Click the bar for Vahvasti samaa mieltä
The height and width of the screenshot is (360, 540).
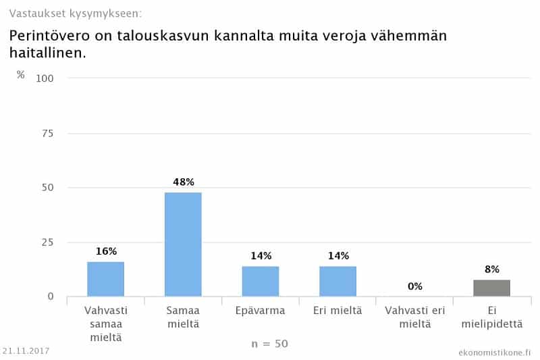click(x=105, y=279)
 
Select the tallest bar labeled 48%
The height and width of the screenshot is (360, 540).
click(x=183, y=245)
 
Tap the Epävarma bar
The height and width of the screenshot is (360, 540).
click(x=261, y=281)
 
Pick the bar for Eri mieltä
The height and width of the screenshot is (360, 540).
click(x=337, y=281)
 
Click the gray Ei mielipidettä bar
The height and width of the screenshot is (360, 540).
click(x=491, y=288)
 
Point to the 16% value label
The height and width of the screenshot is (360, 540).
click(x=106, y=251)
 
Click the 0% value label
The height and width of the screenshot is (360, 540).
click(x=414, y=286)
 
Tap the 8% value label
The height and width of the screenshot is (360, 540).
click(x=491, y=269)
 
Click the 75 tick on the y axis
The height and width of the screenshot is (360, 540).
click(x=47, y=133)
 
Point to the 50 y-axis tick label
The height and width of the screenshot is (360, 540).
click(x=47, y=188)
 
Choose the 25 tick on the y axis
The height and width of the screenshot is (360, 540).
click(x=47, y=242)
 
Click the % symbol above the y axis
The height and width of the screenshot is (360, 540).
click(x=21, y=74)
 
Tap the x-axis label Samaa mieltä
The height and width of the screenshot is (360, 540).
click(x=183, y=317)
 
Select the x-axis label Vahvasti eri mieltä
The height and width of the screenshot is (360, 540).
click(x=414, y=317)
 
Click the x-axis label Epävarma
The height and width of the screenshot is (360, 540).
click(x=261, y=311)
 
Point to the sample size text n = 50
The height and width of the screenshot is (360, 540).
click(x=269, y=344)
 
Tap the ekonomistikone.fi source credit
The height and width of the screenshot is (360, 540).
click(x=494, y=352)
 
